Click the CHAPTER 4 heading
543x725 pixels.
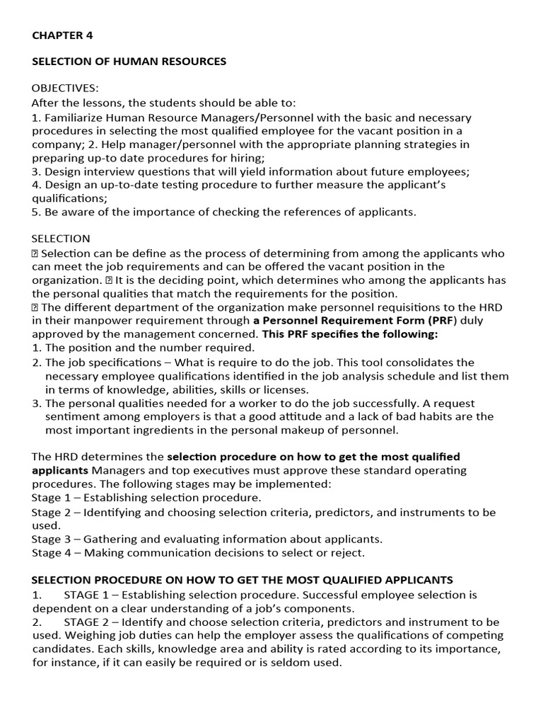tap(62, 35)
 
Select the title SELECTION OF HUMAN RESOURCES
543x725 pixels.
tap(129, 62)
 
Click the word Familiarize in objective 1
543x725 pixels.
tap(74, 117)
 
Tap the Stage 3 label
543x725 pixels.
tap(50, 539)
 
